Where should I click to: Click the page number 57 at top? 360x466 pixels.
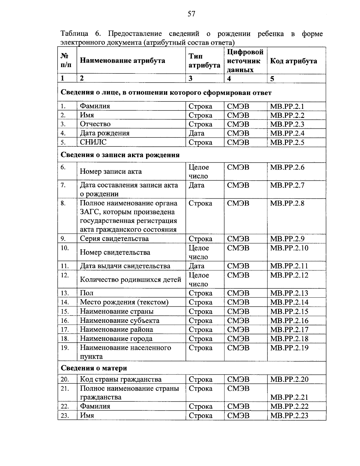pos(191,14)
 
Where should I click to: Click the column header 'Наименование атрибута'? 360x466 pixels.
pos(122,61)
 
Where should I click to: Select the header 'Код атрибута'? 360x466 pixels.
pos(293,61)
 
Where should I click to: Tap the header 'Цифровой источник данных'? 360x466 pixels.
pos(245,61)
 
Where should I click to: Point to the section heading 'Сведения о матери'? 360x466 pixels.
pos(94,368)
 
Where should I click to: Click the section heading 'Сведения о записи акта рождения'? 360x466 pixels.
pos(120,155)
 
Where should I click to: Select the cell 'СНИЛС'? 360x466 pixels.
pos(93,142)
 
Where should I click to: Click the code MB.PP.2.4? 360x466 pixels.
pos(287,133)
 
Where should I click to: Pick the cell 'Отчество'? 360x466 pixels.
pos(95,124)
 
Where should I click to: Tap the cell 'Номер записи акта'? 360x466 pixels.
pos(110,172)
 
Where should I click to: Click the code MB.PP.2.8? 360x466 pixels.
pos(287,203)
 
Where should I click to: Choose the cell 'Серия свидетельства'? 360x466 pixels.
pos(114,239)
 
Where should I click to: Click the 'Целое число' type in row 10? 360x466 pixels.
pos(199,252)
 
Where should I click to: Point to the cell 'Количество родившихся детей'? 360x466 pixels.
pos(130,280)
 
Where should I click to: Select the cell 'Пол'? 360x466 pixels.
pos(86,293)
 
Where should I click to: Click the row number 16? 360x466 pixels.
pos(65,321)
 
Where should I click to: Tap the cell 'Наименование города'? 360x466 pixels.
pos(116,339)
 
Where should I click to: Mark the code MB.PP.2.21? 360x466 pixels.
pos(289,397)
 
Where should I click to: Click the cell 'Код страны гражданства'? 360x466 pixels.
pos(121,380)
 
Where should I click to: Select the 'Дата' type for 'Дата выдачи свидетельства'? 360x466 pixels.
pos(196,266)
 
